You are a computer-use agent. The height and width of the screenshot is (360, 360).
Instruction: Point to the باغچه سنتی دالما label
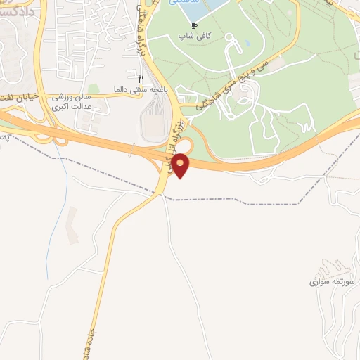(x=141, y=89)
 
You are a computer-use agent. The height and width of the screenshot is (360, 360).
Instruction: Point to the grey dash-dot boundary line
(x=232, y=200)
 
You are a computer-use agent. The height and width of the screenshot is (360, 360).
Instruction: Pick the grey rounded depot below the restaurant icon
(x=152, y=127)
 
